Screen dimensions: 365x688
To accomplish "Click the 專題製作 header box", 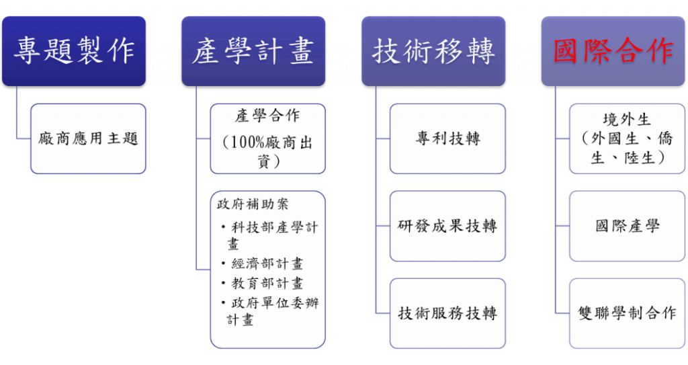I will coord(74,51).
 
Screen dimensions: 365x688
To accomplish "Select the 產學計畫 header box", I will coord(253,51).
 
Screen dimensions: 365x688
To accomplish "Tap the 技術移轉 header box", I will coord(433,51).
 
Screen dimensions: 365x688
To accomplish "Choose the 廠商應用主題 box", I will coord(88,139).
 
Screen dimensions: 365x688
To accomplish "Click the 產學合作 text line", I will coord(267,116).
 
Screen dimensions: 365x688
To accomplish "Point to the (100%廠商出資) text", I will coord(267,152).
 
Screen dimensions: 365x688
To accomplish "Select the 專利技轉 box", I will coord(447,138).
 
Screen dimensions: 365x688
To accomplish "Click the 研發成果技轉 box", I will coord(447,226).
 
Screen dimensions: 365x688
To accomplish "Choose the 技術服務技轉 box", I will coord(447,313).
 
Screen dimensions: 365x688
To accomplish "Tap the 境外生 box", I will coord(627,138).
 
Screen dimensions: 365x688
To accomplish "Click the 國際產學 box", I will coord(627,226).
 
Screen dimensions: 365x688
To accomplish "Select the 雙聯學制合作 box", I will coord(627,313).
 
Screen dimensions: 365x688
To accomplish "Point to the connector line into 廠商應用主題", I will coord(23,138).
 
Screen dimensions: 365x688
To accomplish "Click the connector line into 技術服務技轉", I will coord(382,313).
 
